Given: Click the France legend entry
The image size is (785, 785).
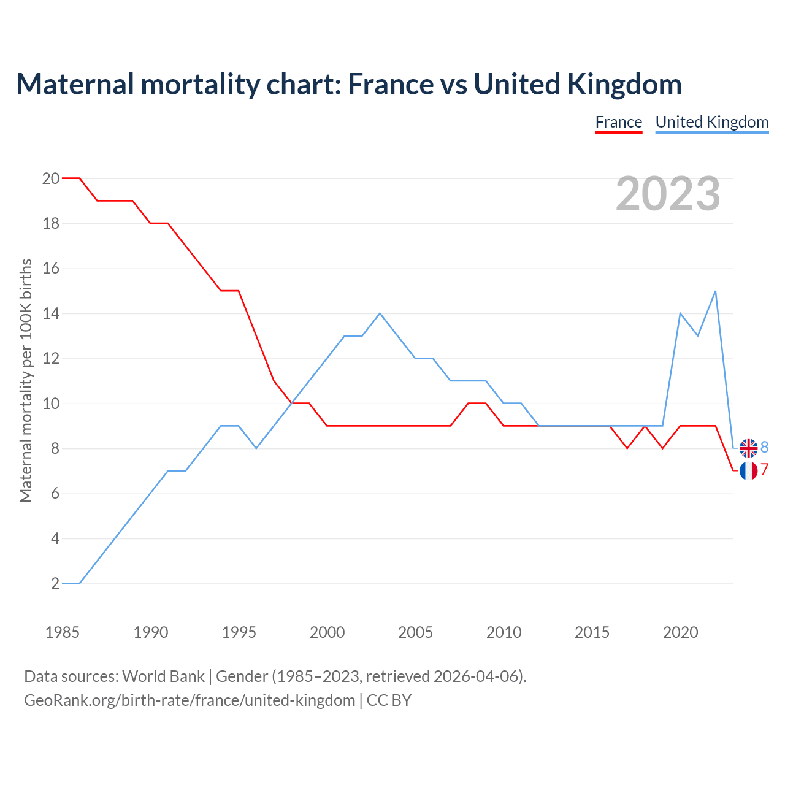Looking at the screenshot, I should pos(618,122).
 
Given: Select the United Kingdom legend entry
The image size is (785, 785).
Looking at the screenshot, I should pos(711,122).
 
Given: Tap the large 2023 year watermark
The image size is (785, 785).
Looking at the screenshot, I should pos(668,194).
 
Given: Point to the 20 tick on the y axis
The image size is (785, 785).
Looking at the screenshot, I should pos(51,178).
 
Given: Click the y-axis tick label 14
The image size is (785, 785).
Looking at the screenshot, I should pos(51,313).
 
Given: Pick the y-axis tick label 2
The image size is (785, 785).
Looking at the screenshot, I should pos(55,583).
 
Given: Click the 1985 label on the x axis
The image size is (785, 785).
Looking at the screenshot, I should pos(62,632).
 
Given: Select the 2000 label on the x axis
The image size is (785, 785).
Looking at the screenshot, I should pos(327,632).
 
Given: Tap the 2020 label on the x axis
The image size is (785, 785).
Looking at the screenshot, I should pos(680,632).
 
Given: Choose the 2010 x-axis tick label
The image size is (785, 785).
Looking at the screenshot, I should pos(504,632).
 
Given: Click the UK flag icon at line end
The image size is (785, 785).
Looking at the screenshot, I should pos(748,448).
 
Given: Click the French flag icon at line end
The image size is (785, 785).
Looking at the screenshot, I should pos(748,470).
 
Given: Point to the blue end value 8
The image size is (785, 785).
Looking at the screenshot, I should pos(765,448).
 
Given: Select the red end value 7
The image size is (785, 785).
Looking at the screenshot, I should pos(765,470).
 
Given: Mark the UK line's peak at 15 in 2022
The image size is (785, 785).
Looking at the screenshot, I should pos(715,291).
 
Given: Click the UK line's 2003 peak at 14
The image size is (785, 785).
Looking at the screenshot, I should pos(380,313).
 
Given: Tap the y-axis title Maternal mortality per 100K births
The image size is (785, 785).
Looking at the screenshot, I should pos(26,380).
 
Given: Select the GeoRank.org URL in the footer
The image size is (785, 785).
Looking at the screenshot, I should pos(190,700).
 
